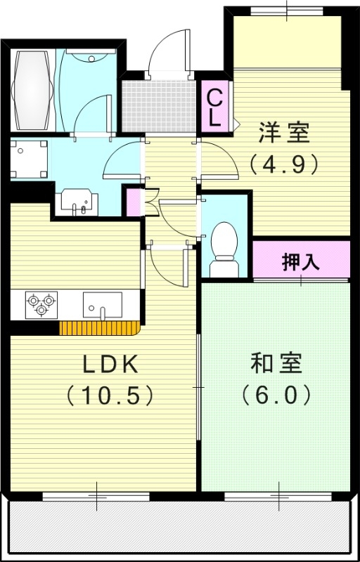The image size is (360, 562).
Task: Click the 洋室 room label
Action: coord(284,131)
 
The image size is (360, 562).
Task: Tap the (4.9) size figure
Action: coord(284,163)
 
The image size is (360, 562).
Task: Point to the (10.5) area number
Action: coord(110,396)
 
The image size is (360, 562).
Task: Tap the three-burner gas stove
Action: coord(39,303)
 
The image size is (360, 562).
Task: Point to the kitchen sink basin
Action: coord(102,304)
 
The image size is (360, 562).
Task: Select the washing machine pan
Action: coord(28,158)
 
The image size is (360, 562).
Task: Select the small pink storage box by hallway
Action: coord(134,202)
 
